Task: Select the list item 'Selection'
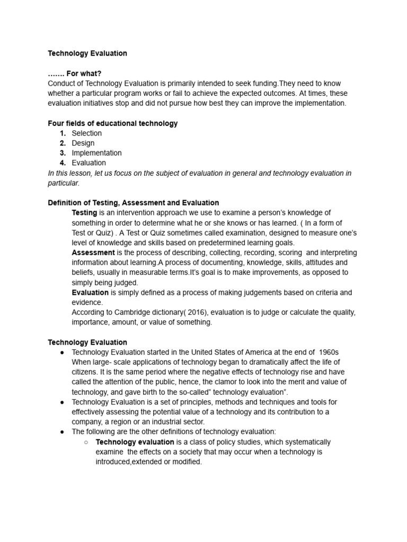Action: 86,133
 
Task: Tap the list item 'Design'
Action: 83,143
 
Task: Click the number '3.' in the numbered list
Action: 63,153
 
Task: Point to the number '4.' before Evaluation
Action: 63,163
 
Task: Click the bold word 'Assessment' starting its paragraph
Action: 93,252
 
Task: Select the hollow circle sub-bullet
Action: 86,442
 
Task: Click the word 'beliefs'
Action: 83,273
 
